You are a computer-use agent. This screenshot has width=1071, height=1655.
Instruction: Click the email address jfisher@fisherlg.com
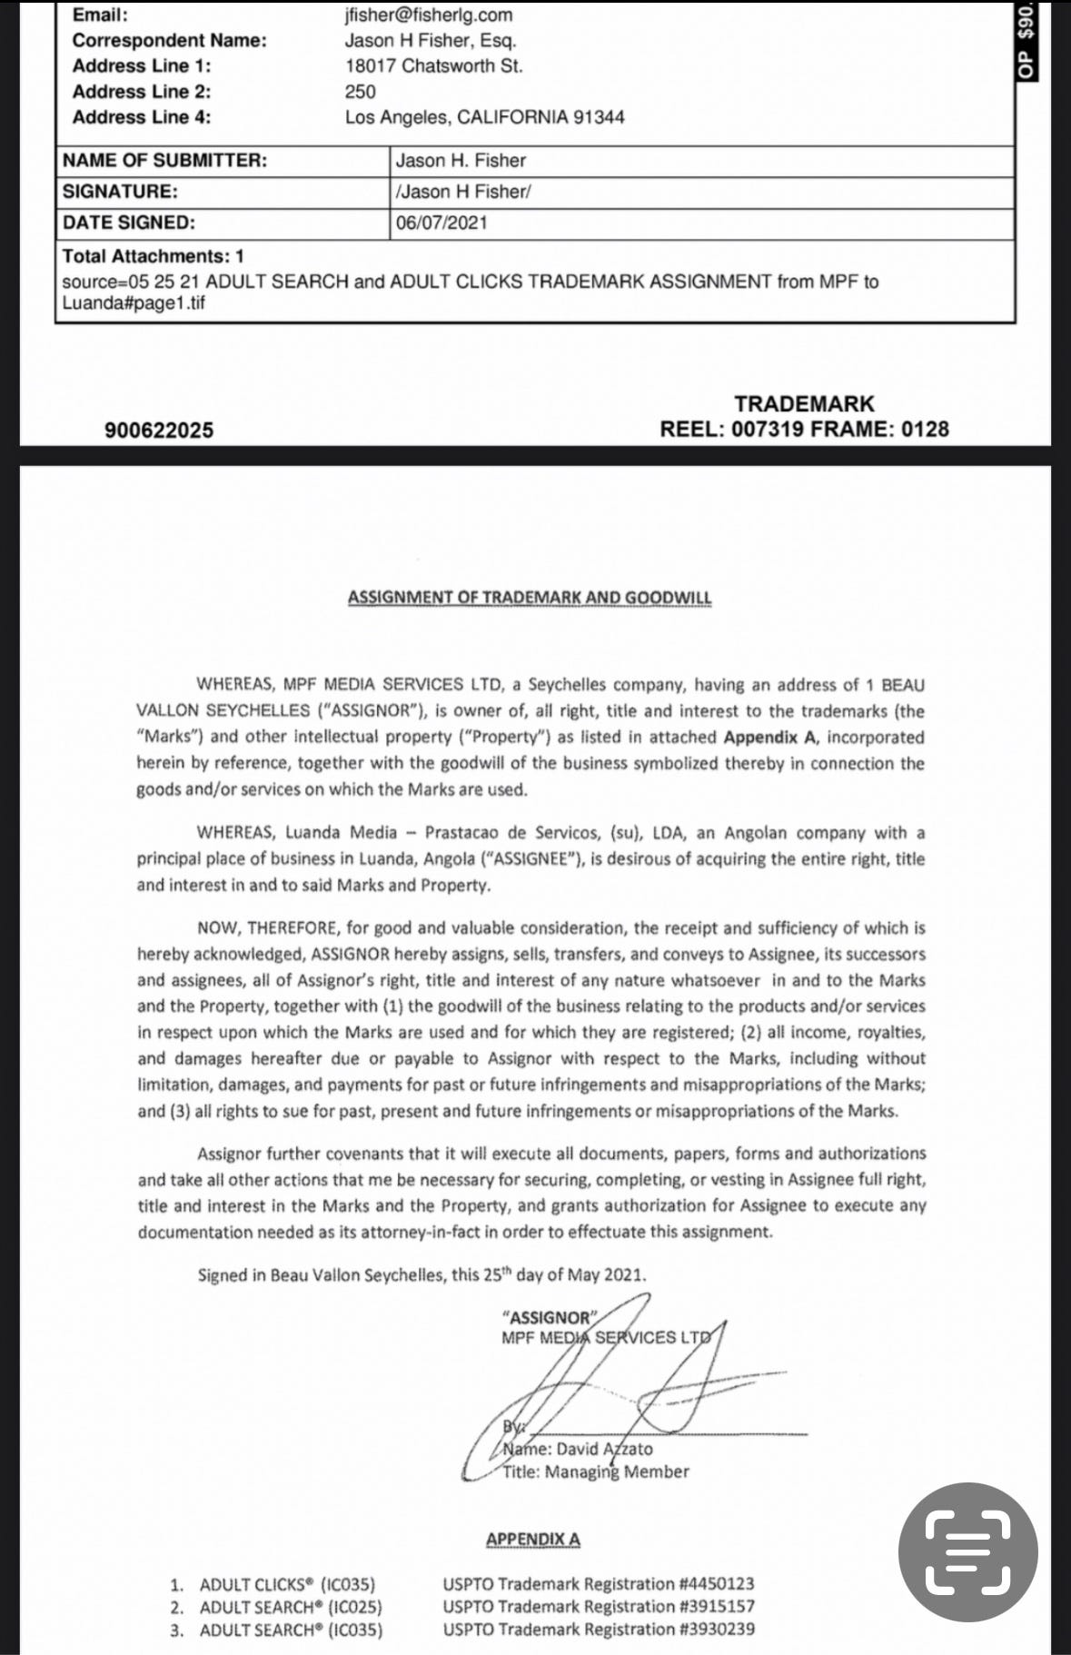click(429, 15)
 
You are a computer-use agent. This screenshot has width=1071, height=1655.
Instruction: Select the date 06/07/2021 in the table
click(441, 223)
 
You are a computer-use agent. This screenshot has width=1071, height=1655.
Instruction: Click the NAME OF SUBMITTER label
click(164, 161)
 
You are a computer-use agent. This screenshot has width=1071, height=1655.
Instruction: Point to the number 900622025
click(159, 431)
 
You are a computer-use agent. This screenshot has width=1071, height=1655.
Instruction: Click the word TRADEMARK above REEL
click(804, 403)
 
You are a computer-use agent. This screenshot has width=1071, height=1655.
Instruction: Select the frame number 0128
click(925, 429)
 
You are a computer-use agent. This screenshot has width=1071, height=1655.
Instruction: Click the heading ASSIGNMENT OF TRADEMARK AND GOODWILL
click(530, 598)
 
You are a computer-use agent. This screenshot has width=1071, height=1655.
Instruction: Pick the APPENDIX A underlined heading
click(532, 1540)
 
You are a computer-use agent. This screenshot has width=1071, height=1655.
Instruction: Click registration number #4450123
click(717, 1584)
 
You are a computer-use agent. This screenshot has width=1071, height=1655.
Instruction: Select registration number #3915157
click(717, 1606)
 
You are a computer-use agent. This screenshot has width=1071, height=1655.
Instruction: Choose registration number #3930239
click(717, 1629)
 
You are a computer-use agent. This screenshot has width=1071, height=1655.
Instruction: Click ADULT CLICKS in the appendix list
click(257, 1585)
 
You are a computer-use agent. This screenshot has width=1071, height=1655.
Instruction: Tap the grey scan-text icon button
click(967, 1552)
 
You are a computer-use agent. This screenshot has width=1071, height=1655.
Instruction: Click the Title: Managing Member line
click(596, 1472)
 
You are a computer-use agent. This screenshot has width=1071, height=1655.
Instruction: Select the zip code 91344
click(599, 117)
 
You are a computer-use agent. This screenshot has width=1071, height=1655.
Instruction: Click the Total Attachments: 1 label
click(153, 256)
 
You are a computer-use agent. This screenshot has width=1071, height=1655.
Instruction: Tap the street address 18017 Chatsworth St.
click(433, 65)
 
